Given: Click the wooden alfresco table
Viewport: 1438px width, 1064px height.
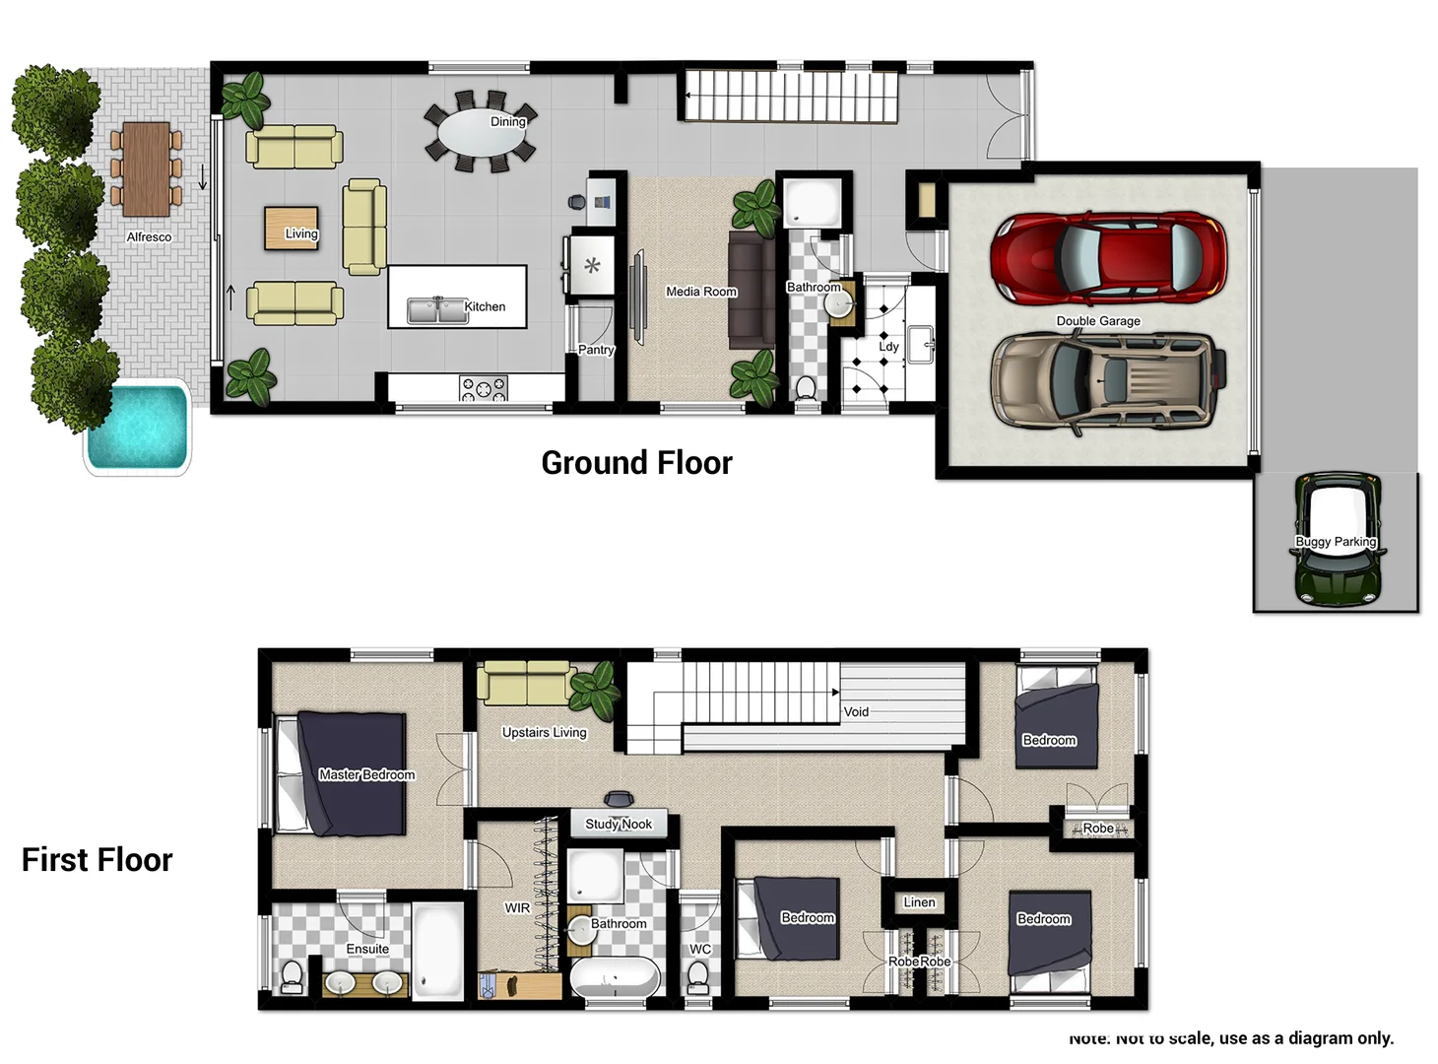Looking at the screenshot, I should click(x=146, y=168).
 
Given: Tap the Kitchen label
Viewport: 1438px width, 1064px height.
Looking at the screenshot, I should click(x=485, y=306).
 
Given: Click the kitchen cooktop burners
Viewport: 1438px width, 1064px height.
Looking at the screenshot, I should click(x=484, y=388).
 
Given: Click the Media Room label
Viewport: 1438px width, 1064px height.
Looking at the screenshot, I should click(x=700, y=292).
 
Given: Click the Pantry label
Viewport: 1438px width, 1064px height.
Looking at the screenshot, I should click(x=595, y=350).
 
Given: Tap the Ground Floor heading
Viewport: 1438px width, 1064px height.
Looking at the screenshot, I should click(x=636, y=463).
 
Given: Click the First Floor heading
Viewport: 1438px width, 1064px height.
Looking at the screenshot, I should click(x=97, y=860).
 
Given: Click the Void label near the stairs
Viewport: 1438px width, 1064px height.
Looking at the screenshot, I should click(x=856, y=711).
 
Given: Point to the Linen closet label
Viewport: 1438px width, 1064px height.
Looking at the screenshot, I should click(x=919, y=901).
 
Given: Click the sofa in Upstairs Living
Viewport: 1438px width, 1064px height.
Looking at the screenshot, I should click(x=526, y=684).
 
